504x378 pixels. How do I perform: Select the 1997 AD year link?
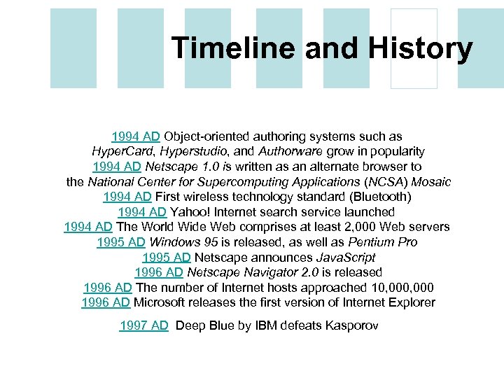(x=144, y=325)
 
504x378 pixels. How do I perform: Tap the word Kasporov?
(x=351, y=325)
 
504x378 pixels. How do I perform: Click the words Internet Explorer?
(x=390, y=302)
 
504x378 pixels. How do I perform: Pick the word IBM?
(x=266, y=325)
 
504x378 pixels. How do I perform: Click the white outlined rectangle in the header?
(x=414, y=48)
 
